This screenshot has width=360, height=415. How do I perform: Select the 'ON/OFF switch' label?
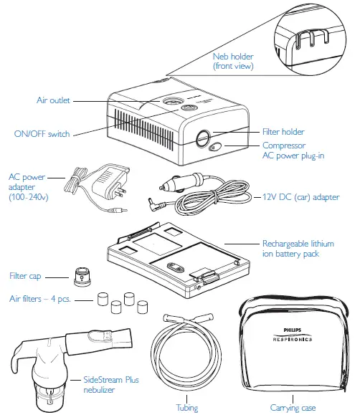click(x=43, y=133)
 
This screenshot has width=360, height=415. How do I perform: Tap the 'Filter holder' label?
click(x=283, y=132)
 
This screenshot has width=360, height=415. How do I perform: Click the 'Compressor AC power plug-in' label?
click(x=295, y=150)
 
